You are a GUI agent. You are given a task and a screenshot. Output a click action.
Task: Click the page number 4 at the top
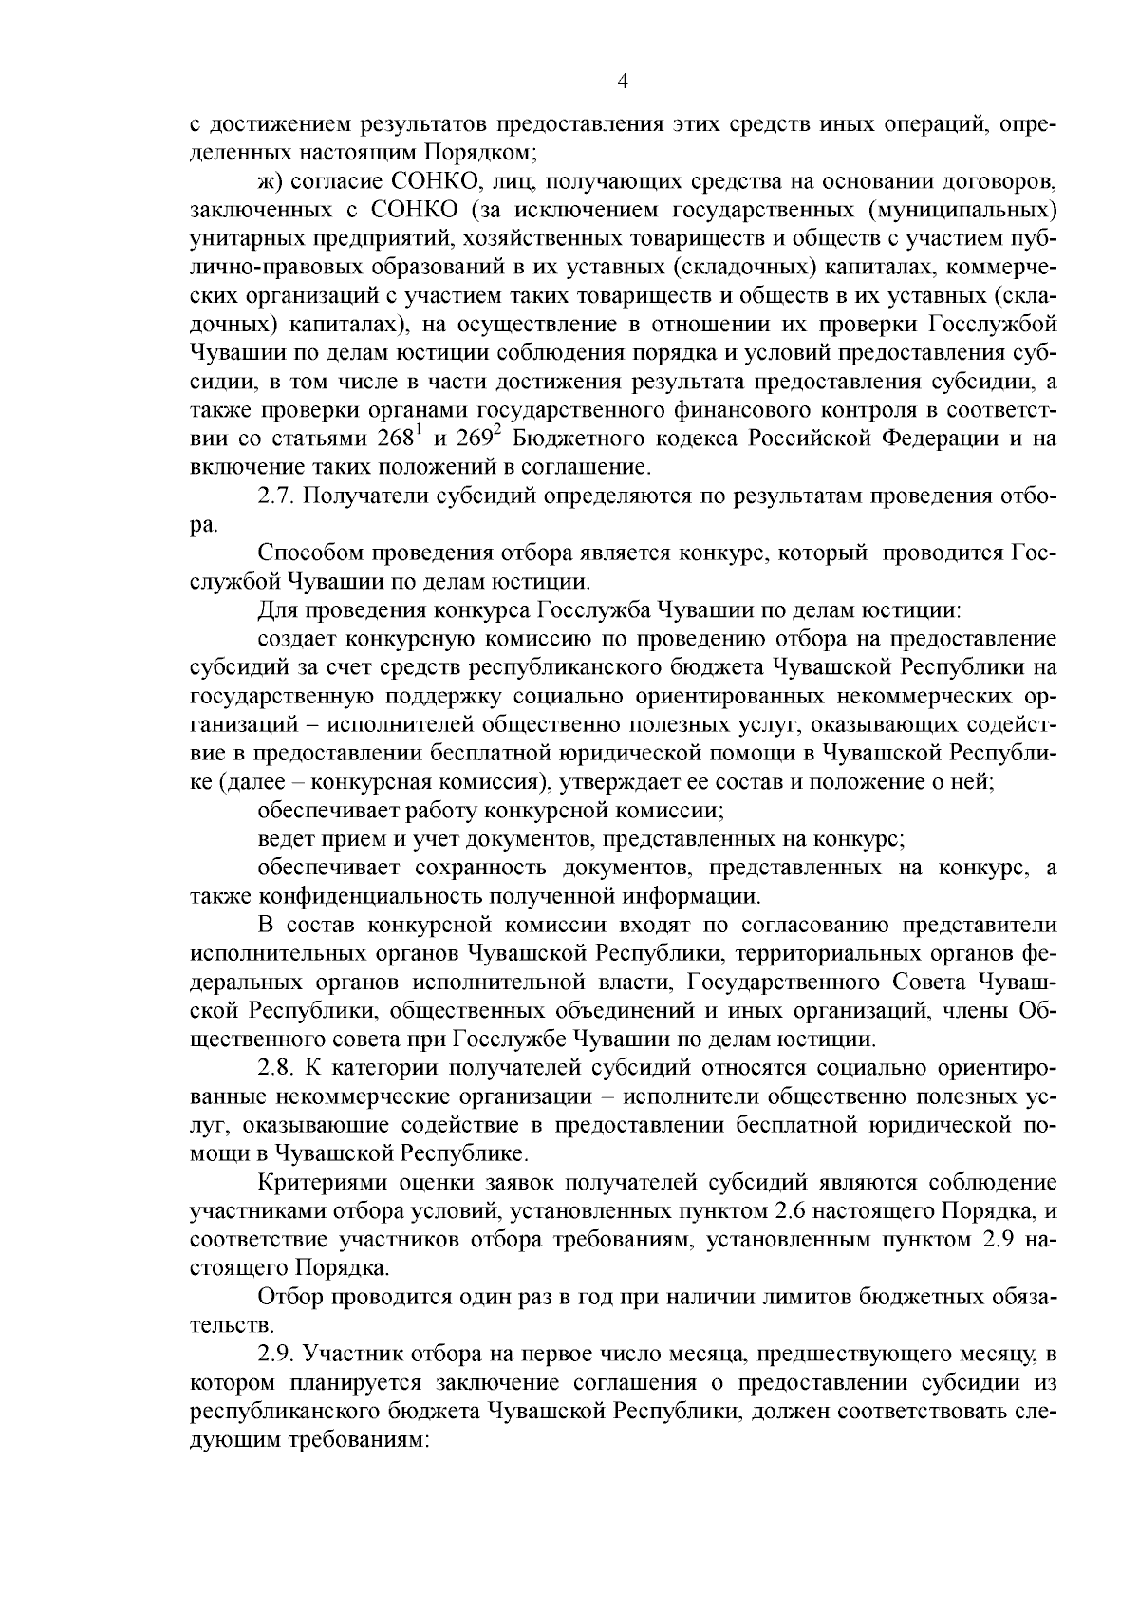pos(623,82)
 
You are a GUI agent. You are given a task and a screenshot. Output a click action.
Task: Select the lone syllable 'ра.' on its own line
pos(203,525)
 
